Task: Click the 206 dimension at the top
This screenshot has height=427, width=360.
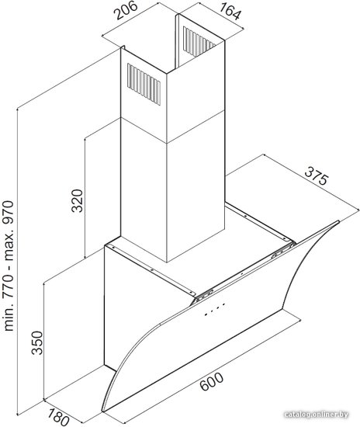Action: click(x=125, y=10)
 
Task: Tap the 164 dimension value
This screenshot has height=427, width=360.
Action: click(x=230, y=12)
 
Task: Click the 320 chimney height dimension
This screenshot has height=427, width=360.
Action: click(x=78, y=200)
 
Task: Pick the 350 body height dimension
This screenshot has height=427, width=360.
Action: click(x=37, y=342)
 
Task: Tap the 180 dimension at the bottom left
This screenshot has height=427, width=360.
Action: click(x=58, y=415)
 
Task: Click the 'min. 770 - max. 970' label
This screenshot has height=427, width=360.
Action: click(x=9, y=266)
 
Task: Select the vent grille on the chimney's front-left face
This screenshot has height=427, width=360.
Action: click(x=144, y=84)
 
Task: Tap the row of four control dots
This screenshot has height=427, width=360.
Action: click(x=215, y=309)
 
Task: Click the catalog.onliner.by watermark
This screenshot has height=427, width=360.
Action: click(x=316, y=415)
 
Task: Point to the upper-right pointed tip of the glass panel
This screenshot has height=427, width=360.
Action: click(x=339, y=221)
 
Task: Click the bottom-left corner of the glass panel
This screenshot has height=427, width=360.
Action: click(x=102, y=411)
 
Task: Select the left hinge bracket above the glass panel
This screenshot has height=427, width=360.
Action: click(x=204, y=295)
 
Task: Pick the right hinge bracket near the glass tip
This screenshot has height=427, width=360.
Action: click(x=282, y=250)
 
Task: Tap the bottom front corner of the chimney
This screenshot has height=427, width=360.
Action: click(x=167, y=262)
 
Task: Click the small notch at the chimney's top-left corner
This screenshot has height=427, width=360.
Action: click(x=123, y=47)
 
